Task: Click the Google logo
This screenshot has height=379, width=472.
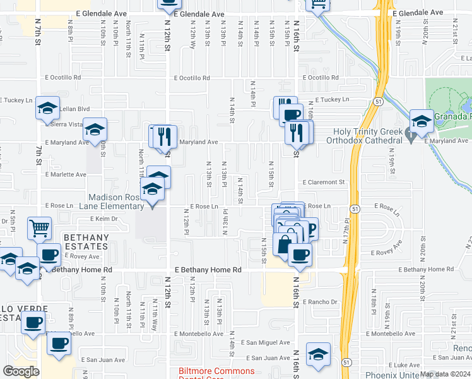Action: click(x=21, y=371)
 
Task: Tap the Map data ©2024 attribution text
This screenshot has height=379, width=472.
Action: click(x=445, y=374)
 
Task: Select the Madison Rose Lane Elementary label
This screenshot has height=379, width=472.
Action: click(x=119, y=202)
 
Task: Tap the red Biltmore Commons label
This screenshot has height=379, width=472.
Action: click(x=216, y=371)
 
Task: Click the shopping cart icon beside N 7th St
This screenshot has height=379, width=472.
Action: click(x=40, y=228)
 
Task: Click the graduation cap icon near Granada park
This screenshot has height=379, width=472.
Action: click(x=421, y=120)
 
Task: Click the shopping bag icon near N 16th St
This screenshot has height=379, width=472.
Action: click(x=285, y=243)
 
